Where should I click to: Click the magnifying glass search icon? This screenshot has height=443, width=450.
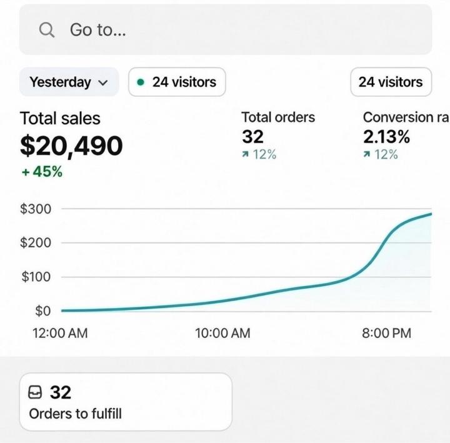pyautogui.click(x=47, y=29)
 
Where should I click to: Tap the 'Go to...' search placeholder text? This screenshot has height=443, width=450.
pyautogui.click(x=97, y=29)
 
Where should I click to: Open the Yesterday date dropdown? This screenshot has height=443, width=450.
pyautogui.click(x=69, y=82)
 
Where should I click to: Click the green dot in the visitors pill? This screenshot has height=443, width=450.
pyautogui.click(x=141, y=82)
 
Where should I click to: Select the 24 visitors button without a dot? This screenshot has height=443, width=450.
pyautogui.click(x=391, y=82)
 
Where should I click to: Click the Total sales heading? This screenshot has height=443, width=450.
pyautogui.click(x=60, y=118)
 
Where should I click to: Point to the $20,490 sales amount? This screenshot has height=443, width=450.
pyautogui.click(x=71, y=146)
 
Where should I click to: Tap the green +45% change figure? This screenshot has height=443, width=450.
pyautogui.click(x=42, y=172)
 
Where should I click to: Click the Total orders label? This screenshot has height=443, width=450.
pyautogui.click(x=278, y=117)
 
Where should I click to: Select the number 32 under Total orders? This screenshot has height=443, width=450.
pyautogui.click(x=252, y=136)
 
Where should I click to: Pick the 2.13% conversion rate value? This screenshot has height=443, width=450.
pyautogui.click(x=386, y=136)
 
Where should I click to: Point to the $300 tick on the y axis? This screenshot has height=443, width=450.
pyautogui.click(x=36, y=209)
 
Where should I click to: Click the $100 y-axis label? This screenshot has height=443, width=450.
pyautogui.click(x=36, y=277)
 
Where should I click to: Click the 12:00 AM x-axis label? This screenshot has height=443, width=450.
pyautogui.click(x=60, y=333)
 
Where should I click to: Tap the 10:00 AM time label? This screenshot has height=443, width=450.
pyautogui.click(x=222, y=333)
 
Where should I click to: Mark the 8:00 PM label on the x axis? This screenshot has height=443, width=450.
pyautogui.click(x=386, y=333)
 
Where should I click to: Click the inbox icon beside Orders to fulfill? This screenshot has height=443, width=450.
pyautogui.click(x=36, y=392)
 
